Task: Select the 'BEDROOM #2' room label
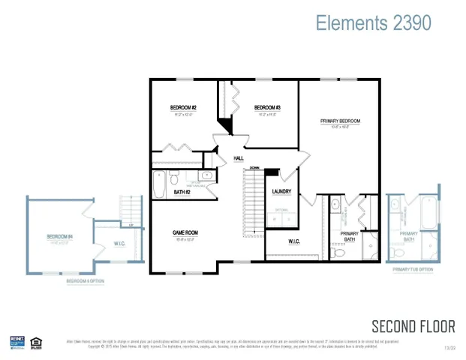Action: [x=184, y=108]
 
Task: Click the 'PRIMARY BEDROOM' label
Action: [x=340, y=121]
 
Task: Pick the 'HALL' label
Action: [x=239, y=158]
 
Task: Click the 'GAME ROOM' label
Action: [x=185, y=233]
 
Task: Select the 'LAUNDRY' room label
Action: [x=281, y=192]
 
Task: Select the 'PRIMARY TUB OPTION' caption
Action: [x=413, y=269]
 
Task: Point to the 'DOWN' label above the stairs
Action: [x=255, y=168]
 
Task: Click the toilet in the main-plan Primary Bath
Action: [x=338, y=253]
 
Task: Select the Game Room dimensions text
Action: [x=185, y=240]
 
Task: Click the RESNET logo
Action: [x=17, y=342]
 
